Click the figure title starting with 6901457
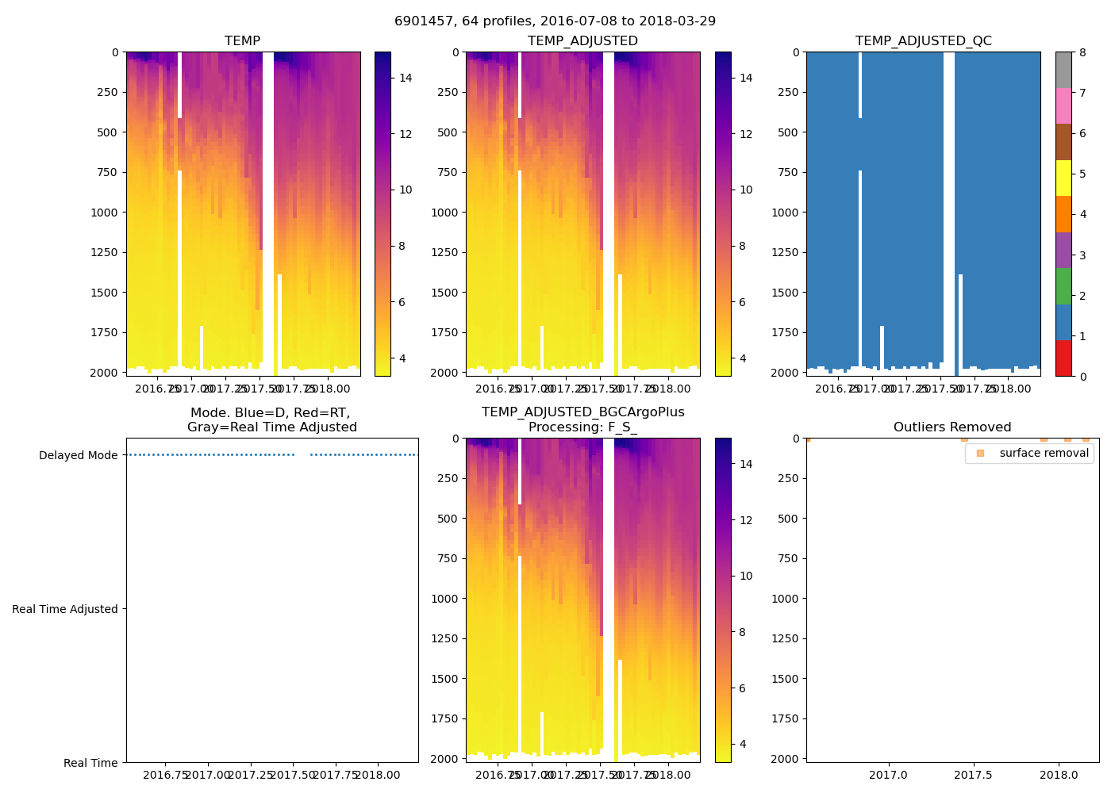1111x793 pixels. tap(555, 21)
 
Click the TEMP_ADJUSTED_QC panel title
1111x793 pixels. tap(923, 41)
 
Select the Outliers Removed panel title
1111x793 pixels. tap(951, 427)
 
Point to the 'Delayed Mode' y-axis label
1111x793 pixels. tap(78, 455)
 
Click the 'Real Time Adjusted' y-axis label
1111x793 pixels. tap(65, 609)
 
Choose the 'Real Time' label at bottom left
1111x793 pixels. tap(90, 763)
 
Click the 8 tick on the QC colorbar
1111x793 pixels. tap(1082, 52)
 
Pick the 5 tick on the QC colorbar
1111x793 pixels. tap(1082, 174)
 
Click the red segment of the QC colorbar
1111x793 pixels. tap(1063, 358)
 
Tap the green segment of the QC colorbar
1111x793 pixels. tap(1063, 286)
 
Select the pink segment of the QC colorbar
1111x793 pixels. tap(1063, 106)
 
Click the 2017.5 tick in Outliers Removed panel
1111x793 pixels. tap(973, 774)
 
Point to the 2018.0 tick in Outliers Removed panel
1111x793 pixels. tap(1058, 774)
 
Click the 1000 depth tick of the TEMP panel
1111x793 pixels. tap(105, 213)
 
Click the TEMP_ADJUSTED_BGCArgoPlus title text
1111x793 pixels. tap(582, 412)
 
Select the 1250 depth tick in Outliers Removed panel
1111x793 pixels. tap(786, 638)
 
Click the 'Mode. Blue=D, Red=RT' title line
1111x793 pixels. tap(271, 413)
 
